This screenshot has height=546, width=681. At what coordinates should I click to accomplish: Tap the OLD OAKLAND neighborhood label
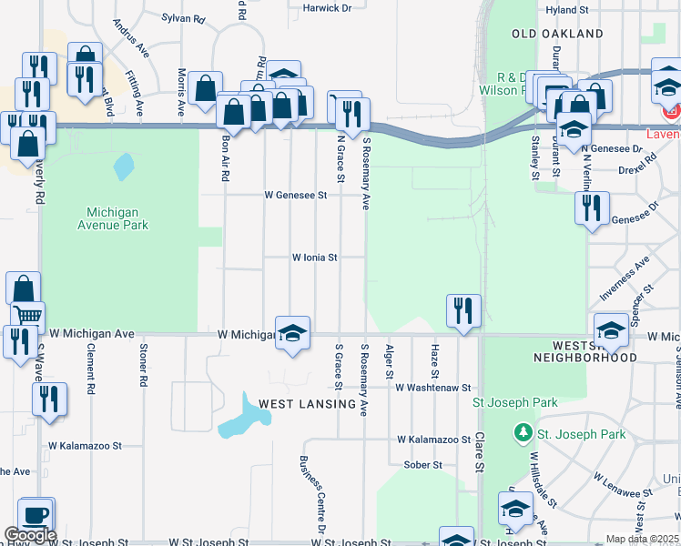(557, 34)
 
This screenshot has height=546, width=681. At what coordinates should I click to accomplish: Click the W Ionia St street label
(314, 258)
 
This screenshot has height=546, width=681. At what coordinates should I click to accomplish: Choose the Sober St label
(423, 464)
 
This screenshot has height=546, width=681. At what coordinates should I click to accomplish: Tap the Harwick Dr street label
(327, 8)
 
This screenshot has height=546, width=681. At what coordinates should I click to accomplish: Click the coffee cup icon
(36, 514)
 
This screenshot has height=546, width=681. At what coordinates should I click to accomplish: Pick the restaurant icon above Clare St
(463, 310)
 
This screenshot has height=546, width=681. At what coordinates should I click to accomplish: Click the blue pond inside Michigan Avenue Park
(123, 167)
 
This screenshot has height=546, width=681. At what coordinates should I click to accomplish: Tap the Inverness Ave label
(624, 279)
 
